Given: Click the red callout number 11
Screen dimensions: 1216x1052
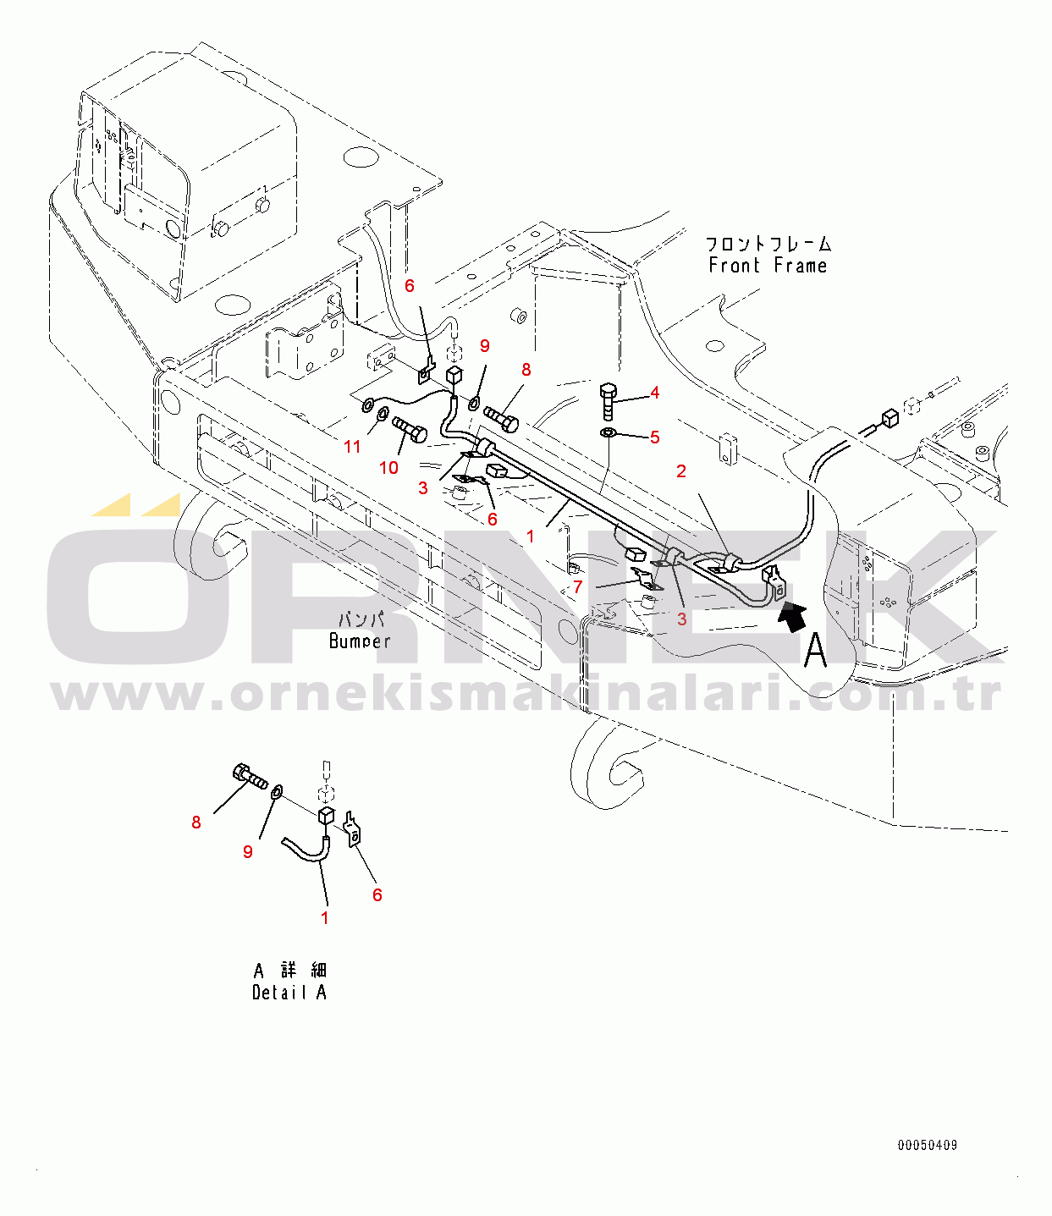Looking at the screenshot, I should (352, 447).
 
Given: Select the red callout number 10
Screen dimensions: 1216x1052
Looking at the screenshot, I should (388, 468).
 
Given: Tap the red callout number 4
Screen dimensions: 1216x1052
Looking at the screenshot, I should (655, 393).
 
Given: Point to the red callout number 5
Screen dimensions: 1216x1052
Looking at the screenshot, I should (655, 437).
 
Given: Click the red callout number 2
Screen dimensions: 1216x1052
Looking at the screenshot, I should (681, 471).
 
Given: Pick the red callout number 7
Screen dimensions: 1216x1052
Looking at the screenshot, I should (577, 587).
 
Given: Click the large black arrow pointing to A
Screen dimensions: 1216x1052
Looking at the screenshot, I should (792, 617).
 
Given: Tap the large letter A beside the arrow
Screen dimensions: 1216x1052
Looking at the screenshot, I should (815, 651).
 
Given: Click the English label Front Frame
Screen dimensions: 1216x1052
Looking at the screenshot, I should (768, 266).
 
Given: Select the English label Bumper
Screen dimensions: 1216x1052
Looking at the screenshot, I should (360, 641).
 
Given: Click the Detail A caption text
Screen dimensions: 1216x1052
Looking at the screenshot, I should (289, 993).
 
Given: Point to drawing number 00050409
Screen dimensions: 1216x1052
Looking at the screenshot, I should (928, 1146).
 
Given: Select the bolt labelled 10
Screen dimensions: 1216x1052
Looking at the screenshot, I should (410, 430).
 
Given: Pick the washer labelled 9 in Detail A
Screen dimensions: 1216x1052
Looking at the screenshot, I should (277, 793).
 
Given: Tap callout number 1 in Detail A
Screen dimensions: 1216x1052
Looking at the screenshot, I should (325, 918).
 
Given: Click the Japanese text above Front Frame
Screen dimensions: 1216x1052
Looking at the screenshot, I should (768, 245).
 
